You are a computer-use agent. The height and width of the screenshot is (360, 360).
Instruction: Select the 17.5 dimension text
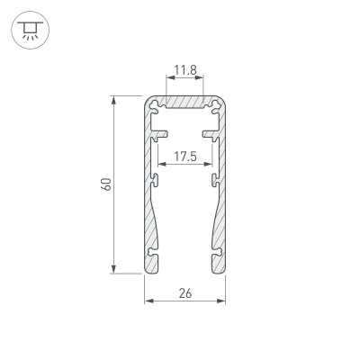coord(185,156)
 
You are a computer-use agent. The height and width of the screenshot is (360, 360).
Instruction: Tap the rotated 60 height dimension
coord(106,184)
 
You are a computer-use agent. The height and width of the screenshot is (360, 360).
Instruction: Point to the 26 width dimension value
coord(185,293)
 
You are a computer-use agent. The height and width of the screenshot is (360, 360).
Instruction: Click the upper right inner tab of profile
coord(209,135)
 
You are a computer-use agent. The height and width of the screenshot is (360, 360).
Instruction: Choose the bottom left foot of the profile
coord(153,263)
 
